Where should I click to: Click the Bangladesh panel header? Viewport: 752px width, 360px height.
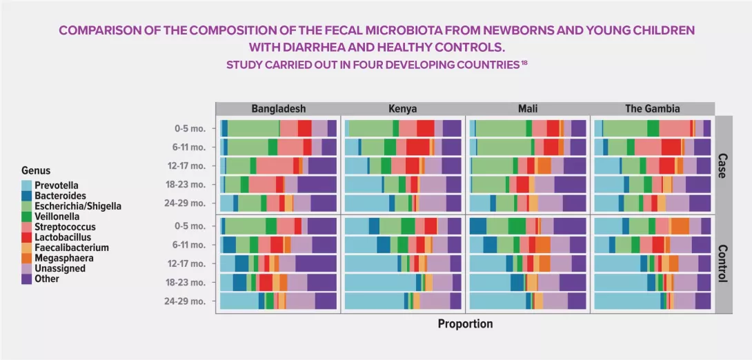coord(278,109)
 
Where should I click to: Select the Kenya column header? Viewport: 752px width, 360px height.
coord(403,109)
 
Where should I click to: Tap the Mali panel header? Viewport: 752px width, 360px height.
coord(528,109)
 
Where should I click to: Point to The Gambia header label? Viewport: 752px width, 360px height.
coord(652,109)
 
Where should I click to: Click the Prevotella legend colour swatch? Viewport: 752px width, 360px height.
coord(27,186)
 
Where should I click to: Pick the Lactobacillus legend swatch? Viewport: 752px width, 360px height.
coord(27,237)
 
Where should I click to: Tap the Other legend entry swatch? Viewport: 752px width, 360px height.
coord(27,279)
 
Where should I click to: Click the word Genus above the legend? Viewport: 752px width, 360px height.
coord(36,171)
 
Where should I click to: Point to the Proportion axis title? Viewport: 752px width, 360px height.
coord(466,324)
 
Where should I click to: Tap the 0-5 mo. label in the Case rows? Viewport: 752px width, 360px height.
coord(190,128)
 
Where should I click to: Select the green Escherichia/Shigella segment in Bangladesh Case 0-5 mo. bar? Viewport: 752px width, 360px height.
coord(253,128)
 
